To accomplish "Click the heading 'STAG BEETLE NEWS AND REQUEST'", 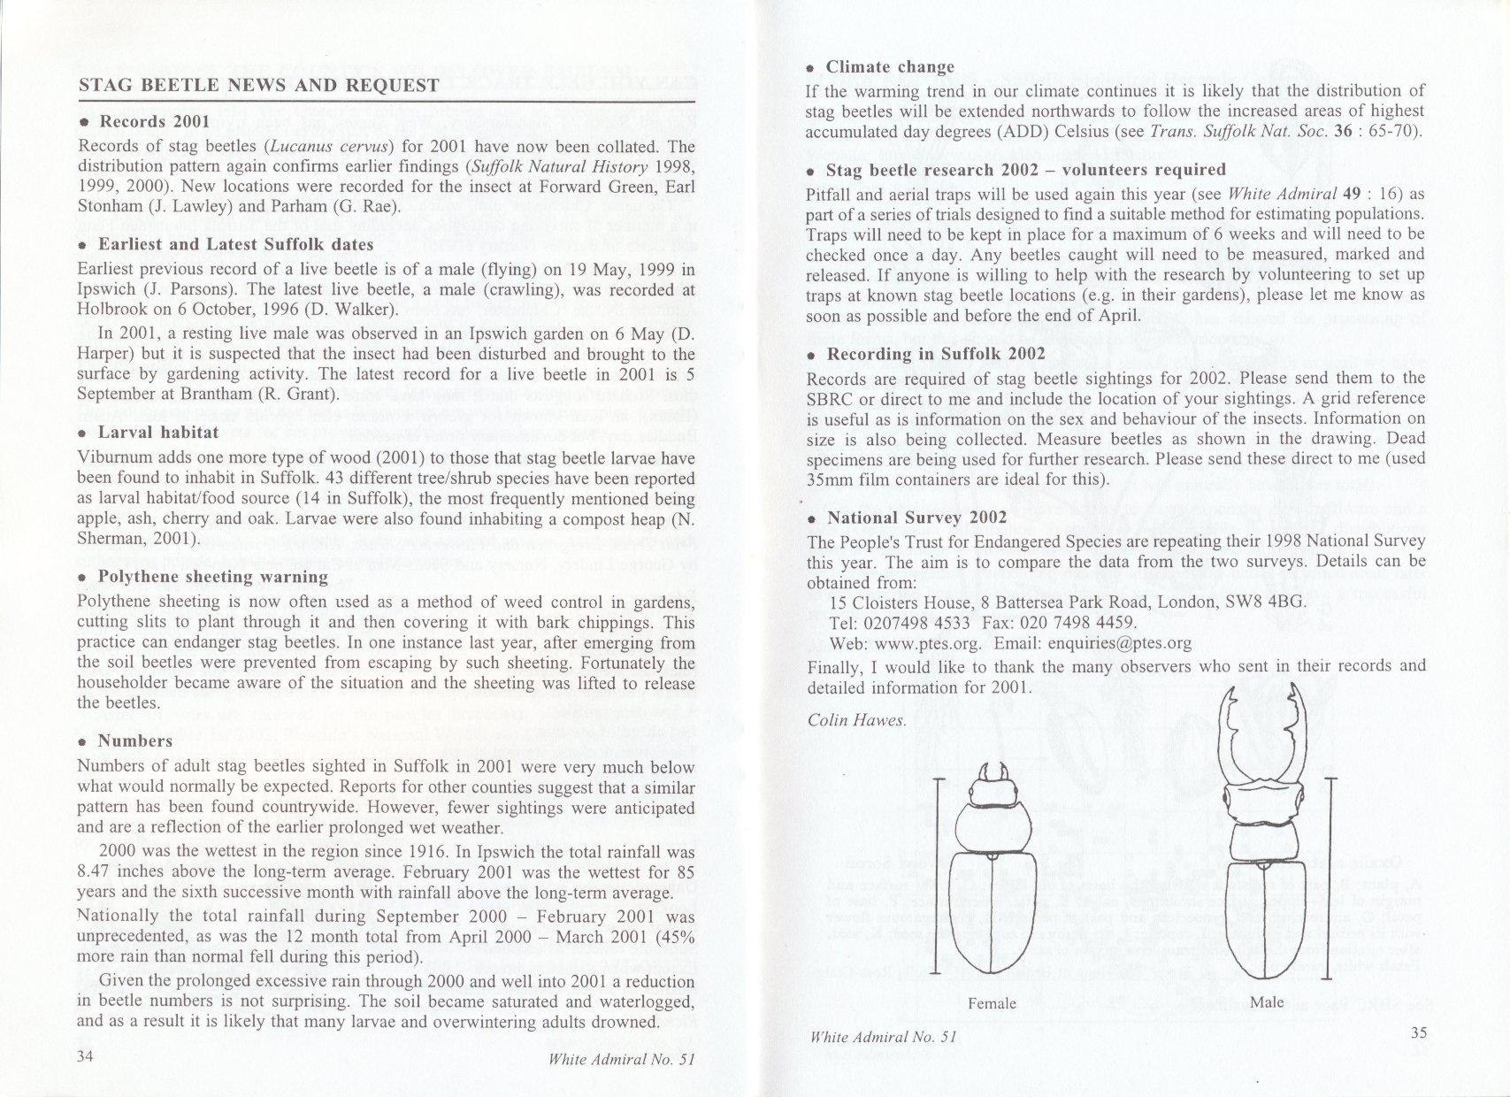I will click(x=258, y=85).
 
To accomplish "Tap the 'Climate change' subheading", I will click(x=889, y=66).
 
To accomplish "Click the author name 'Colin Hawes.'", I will click(x=857, y=719).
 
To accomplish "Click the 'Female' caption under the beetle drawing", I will click(x=992, y=1003).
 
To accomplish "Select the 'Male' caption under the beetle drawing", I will click(x=1267, y=1002).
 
